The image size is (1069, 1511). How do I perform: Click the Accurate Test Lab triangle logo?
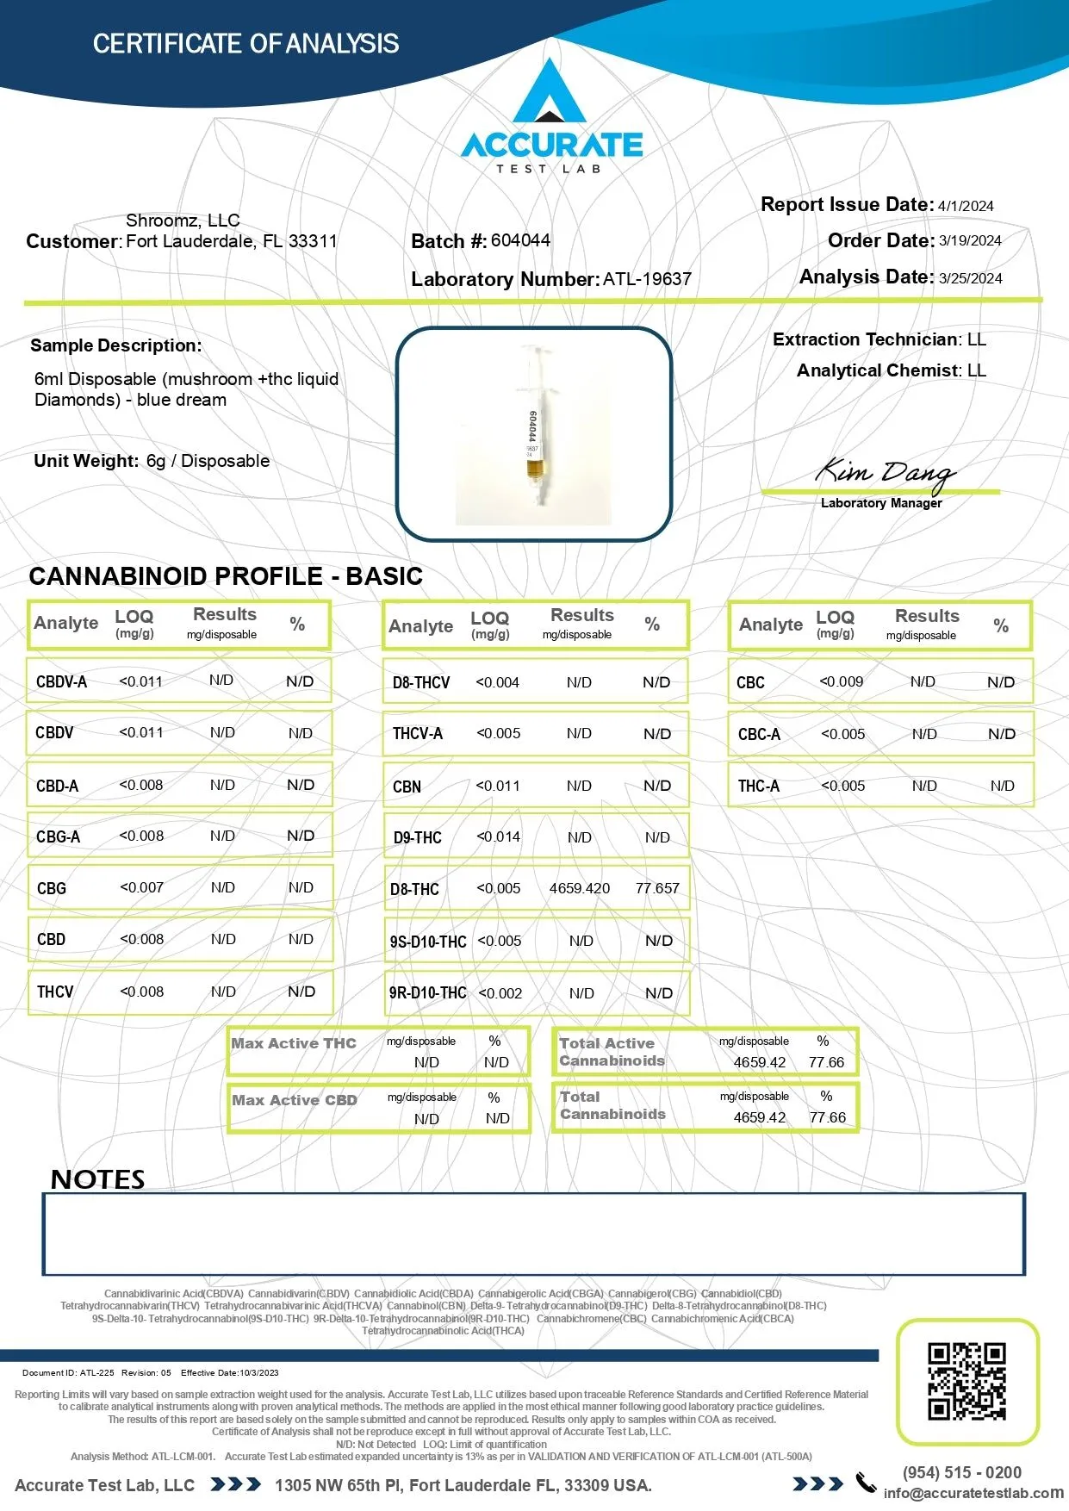pyautogui.click(x=550, y=92)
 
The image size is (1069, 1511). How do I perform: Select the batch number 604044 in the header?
pyautogui.click(x=520, y=240)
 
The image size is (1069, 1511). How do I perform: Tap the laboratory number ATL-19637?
pyautogui.click(x=647, y=279)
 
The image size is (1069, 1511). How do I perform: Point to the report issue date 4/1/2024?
pyautogui.click(x=966, y=206)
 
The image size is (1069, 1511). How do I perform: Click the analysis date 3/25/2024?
pyautogui.click(x=970, y=278)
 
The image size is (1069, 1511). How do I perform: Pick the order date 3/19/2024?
pyautogui.click(x=970, y=241)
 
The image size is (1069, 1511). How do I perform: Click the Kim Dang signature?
pyautogui.click(x=885, y=471)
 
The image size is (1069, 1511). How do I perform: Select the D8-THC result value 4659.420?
pyautogui.click(x=579, y=888)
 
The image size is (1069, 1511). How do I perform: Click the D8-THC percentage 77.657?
pyautogui.click(x=657, y=888)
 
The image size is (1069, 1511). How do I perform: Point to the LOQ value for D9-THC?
pyautogui.click(x=499, y=836)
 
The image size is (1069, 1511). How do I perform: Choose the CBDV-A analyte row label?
pyautogui.click(x=61, y=682)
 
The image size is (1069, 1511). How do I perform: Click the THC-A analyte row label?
pyautogui.click(x=758, y=786)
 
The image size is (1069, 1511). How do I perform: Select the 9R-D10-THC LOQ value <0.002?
pyautogui.click(x=500, y=993)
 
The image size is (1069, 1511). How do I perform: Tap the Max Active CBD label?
pyautogui.click(x=294, y=1100)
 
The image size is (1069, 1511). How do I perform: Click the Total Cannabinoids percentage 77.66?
pyautogui.click(x=827, y=1117)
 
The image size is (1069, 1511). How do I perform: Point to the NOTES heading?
pyautogui.click(x=97, y=1179)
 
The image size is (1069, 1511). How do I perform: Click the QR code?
pyautogui.click(x=966, y=1381)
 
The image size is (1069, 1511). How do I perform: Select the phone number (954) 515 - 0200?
pyautogui.click(x=961, y=1472)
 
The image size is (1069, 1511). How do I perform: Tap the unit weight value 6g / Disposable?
pyautogui.click(x=208, y=461)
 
